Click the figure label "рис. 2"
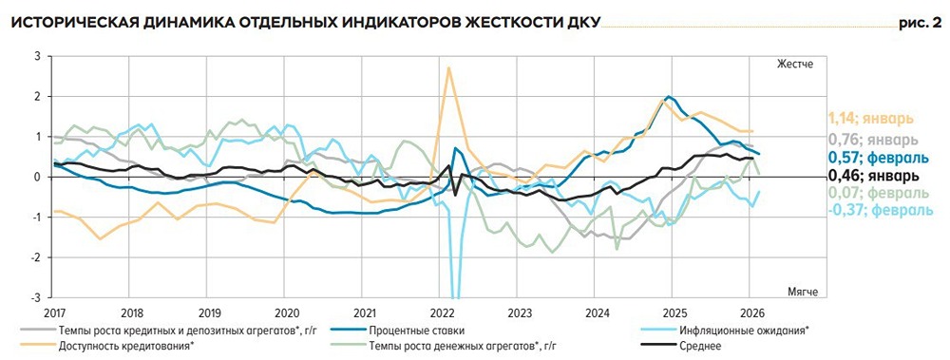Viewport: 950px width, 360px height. click(x=917, y=22)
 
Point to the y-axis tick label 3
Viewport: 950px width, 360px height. click(x=37, y=57)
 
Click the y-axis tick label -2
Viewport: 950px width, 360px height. click(x=35, y=256)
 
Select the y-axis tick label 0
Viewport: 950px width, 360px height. click(x=37, y=177)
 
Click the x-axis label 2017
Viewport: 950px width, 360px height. click(x=55, y=312)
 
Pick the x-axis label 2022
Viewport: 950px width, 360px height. click(x=441, y=312)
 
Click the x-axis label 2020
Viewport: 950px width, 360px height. click(x=286, y=312)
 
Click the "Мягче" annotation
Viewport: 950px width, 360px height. click(x=802, y=290)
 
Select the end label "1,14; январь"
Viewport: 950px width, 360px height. click(x=871, y=119)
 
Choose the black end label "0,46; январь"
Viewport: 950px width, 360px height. click(x=870, y=175)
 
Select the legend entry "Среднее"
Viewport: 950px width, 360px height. click(x=699, y=345)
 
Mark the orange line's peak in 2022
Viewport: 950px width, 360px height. click(x=448, y=66)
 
